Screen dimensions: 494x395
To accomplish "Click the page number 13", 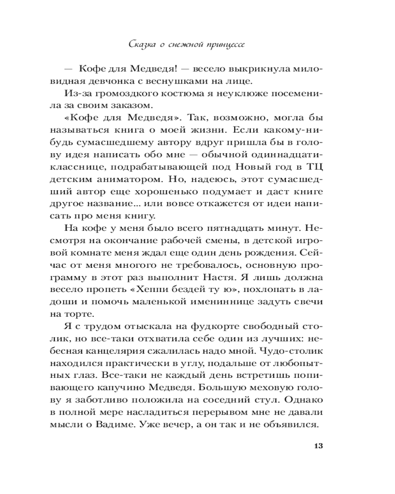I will [317, 446].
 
